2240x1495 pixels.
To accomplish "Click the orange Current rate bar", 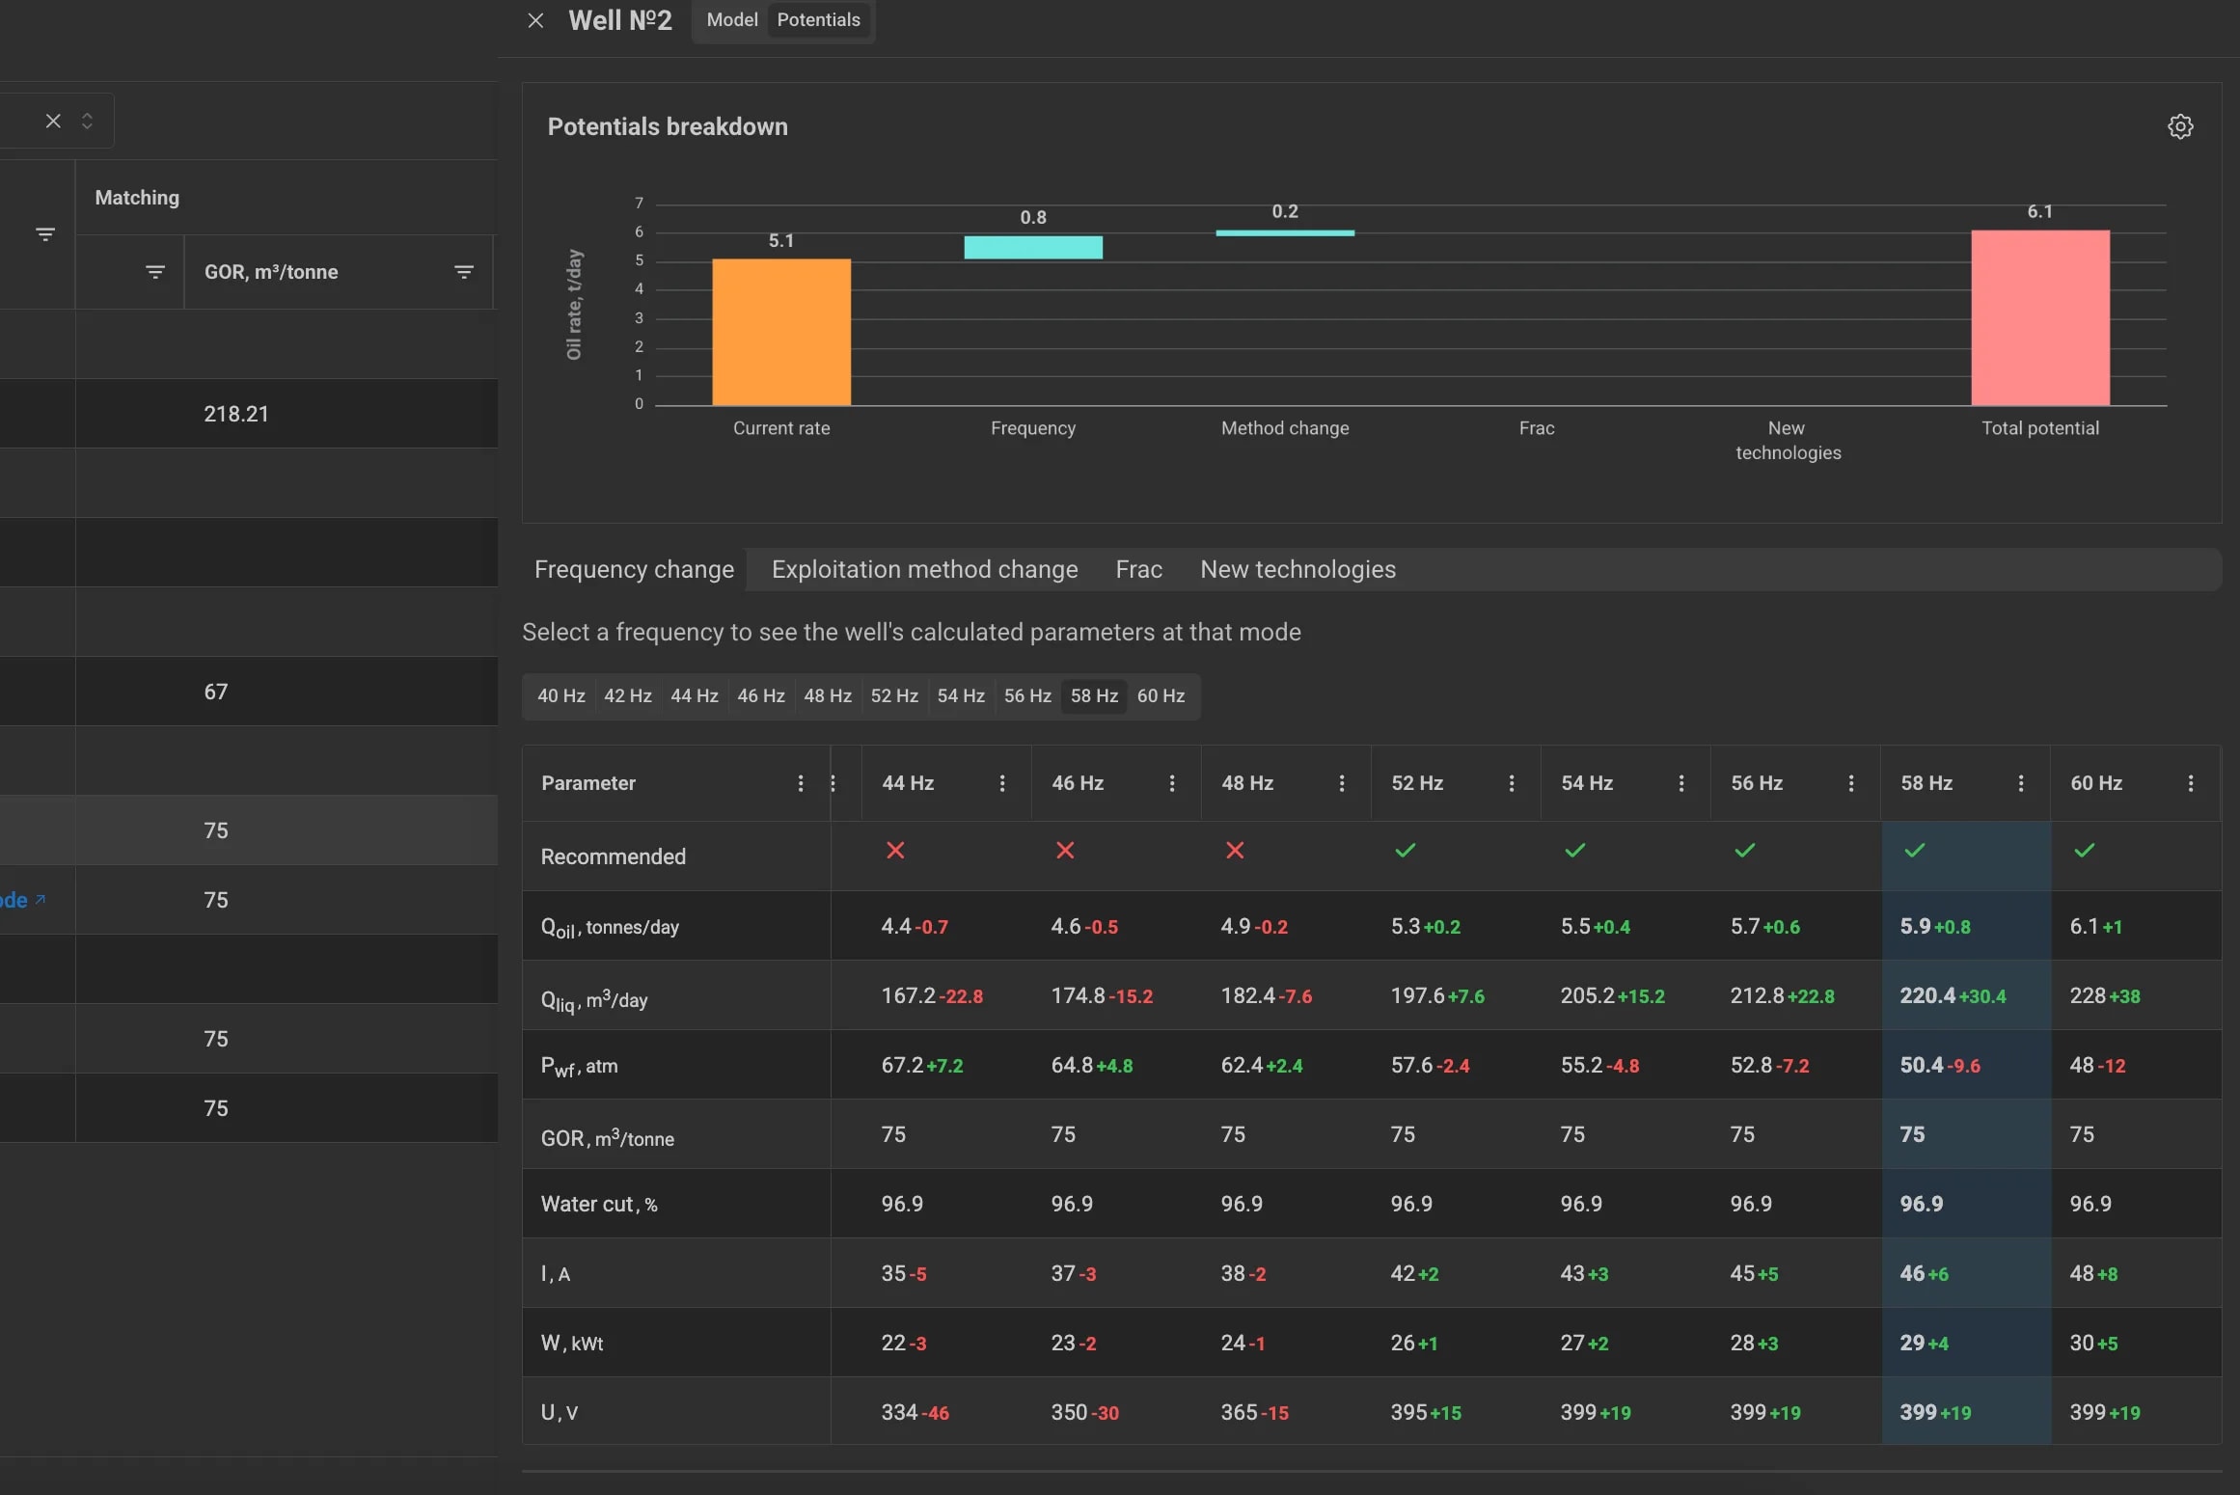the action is pos(781,332).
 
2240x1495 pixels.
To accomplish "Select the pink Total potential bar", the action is pos(2040,317).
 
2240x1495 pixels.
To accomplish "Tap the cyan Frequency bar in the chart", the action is pos(1033,247).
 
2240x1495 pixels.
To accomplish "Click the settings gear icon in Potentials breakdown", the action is pos(2180,126).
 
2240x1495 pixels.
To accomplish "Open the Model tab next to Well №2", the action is pos(732,20).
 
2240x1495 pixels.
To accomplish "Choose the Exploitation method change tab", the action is pos(924,570).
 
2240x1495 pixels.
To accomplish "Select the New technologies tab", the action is pos(1298,570).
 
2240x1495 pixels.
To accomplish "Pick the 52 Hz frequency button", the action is pos(894,696).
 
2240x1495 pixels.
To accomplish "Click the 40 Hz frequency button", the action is pos(561,696).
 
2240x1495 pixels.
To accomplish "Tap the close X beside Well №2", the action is pos(536,20).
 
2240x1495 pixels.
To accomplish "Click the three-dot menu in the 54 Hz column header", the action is pos(1681,783).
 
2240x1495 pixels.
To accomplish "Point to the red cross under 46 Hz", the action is pos(1065,850).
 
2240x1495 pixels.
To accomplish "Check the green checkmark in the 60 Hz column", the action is pos(2085,850).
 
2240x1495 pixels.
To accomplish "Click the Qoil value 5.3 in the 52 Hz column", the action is pos(1406,927).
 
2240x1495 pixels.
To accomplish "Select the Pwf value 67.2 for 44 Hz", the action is pos(902,1066).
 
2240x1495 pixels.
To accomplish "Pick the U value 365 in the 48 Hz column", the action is pos(1239,1413).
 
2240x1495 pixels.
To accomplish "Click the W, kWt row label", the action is pos(572,1344).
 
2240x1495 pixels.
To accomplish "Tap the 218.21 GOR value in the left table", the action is pos(236,414).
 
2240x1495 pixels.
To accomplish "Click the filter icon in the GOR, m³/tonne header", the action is pos(464,272).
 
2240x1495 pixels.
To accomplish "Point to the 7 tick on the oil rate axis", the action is pos(639,204).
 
